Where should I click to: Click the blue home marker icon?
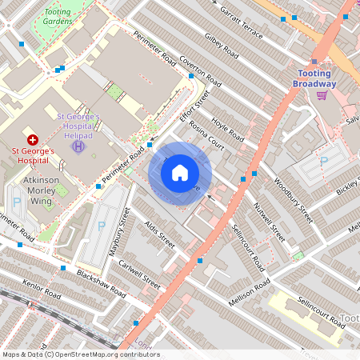180,172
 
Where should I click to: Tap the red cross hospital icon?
32,139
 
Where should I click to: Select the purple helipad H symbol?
78,146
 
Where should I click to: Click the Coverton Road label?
200,71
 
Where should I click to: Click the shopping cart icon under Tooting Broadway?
322,95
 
